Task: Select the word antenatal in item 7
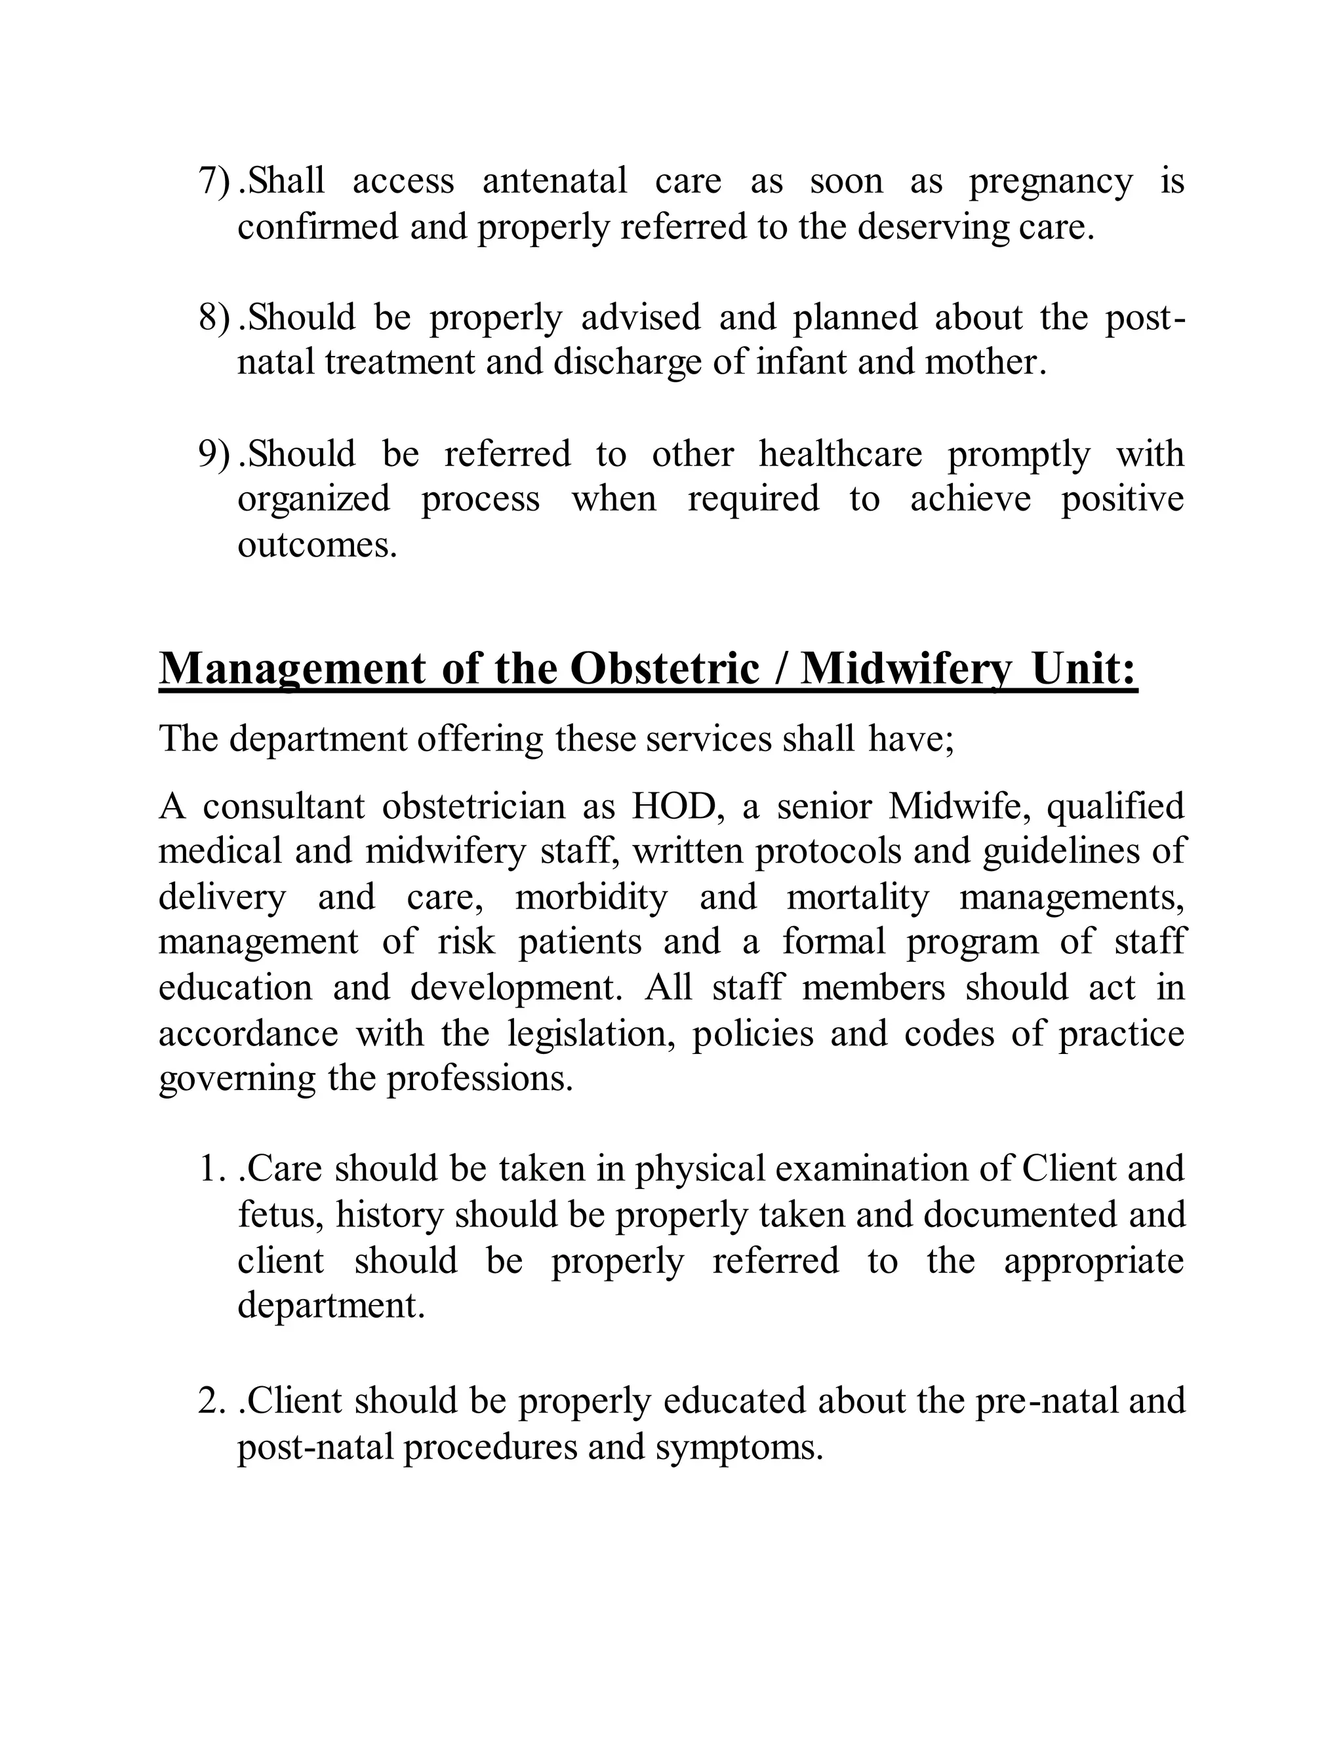point(555,182)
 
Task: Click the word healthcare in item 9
point(840,455)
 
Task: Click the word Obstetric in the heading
point(664,669)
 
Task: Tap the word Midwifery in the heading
point(906,669)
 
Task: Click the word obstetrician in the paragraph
point(474,806)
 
